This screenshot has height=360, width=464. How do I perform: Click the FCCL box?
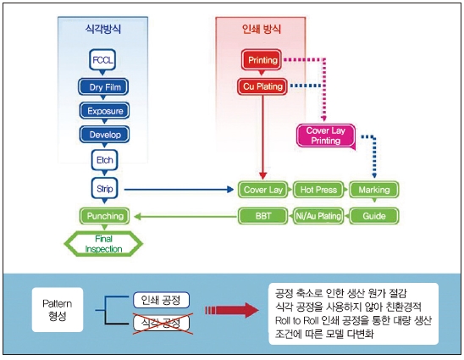[102, 60]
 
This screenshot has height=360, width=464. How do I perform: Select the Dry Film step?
[103, 86]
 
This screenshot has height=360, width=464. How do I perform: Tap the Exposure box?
[104, 111]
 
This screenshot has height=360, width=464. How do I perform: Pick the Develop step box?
[104, 135]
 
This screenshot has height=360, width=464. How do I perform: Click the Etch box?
[104, 160]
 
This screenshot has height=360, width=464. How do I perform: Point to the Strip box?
[104, 188]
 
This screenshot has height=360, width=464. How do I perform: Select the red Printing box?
[262, 60]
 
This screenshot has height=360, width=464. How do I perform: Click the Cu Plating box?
[262, 86]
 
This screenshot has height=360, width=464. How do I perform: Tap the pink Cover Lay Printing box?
[326, 136]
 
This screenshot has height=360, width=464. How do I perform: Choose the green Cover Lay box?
[263, 190]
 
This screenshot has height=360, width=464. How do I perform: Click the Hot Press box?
[318, 190]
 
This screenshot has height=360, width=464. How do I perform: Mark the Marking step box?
[374, 190]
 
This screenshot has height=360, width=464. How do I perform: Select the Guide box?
[374, 216]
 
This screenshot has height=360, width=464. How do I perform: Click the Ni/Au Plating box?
[318, 216]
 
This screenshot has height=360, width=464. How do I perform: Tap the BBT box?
[263, 216]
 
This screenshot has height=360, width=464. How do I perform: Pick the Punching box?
[104, 216]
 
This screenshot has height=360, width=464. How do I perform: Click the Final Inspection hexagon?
[103, 244]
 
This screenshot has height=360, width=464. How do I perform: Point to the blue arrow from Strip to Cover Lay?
[179, 190]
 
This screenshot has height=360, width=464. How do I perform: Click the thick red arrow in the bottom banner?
[232, 310]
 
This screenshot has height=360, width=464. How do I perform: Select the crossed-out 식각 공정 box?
[161, 323]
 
